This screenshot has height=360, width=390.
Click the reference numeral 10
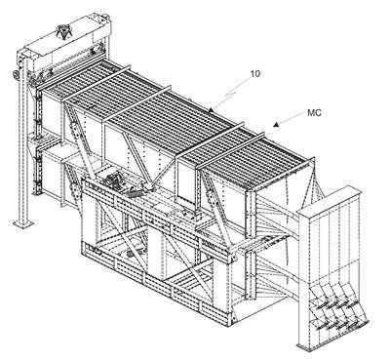[x=255, y=74]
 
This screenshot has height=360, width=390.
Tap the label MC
[x=314, y=113]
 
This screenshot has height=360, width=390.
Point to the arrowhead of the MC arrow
[x=276, y=124]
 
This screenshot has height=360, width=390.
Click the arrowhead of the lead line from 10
[x=211, y=110]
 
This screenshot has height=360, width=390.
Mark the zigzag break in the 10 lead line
[x=231, y=95]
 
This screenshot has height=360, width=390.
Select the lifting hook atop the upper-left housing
[x=63, y=32]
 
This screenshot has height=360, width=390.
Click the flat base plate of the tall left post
[x=23, y=223]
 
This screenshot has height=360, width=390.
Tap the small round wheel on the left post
[x=16, y=75]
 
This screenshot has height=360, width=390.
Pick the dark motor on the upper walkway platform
[x=112, y=180]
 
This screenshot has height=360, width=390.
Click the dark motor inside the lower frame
[x=132, y=254]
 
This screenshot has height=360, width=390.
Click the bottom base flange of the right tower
[x=310, y=345]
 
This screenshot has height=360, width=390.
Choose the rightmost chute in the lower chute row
[x=359, y=321]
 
